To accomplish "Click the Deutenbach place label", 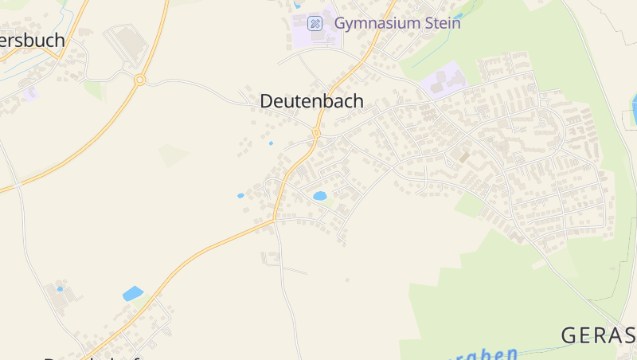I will (x=311, y=101).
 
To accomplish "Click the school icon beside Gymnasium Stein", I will (x=315, y=23).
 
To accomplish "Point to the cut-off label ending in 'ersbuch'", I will (x=33, y=41).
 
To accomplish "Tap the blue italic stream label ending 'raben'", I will (x=487, y=354).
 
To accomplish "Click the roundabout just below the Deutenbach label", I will (x=316, y=132).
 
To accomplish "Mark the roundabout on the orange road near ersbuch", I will (x=139, y=80).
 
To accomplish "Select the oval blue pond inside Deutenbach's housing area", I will (x=320, y=195).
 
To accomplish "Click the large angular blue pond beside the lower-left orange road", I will (x=133, y=293).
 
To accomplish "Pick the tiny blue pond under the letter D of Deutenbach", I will (x=271, y=143).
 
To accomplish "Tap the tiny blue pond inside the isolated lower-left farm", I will (x=60, y=289).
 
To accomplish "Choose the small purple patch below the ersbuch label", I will (x=30, y=94).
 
